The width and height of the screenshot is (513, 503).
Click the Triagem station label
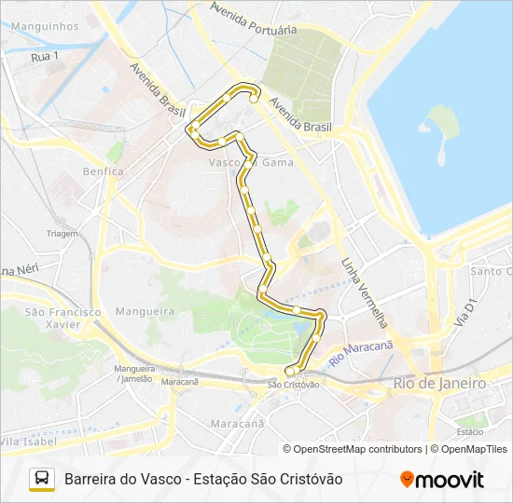pos(62,234)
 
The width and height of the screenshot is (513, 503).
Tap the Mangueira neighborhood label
pos(145,311)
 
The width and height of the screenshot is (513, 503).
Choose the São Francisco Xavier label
pos(62,318)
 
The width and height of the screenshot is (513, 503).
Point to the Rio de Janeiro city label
pos(439,383)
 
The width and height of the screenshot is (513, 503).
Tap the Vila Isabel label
pos(24,441)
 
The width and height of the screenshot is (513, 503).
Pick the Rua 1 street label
pos(44,57)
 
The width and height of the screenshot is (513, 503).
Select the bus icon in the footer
pos(42,479)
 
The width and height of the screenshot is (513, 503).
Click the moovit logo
pos(442,479)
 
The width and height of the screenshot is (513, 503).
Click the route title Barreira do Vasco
pos(123,479)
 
